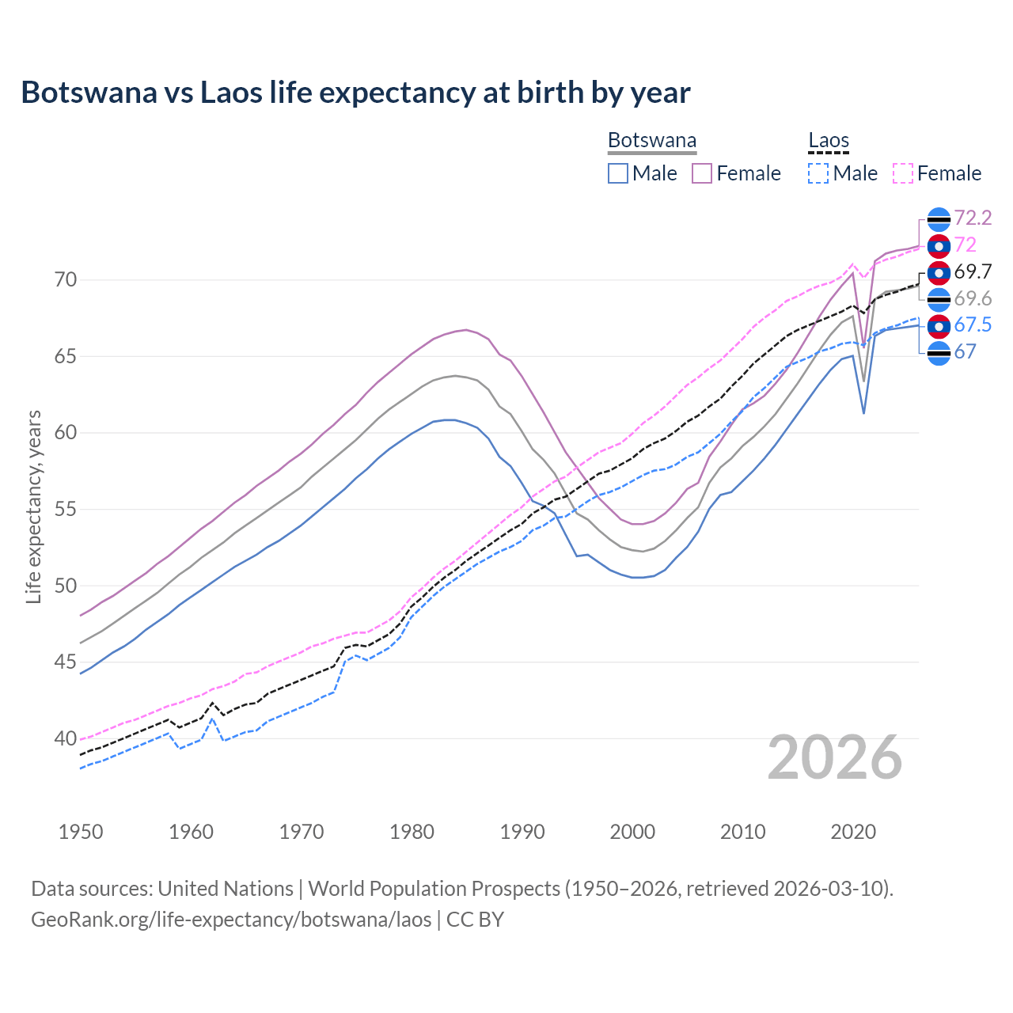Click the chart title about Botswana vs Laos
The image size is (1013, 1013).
pos(355,93)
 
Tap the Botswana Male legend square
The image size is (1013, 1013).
pos(618,173)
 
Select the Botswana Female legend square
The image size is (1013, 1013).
pos(702,173)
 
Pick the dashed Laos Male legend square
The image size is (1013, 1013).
pos(818,173)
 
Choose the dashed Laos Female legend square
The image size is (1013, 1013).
pos(903,173)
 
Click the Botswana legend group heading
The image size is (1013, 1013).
pos(652,141)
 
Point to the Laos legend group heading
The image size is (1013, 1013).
pos(829,141)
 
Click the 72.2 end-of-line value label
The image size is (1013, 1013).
pos(973,218)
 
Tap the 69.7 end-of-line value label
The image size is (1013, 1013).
pos(973,272)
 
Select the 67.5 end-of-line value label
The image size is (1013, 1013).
pos(973,325)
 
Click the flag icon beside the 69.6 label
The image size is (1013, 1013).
pos(939,299)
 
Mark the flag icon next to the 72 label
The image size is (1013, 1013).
pos(939,246)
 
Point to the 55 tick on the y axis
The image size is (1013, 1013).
pos(66,509)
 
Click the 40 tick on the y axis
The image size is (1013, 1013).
pos(66,738)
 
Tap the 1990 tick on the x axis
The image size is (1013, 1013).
pos(522,832)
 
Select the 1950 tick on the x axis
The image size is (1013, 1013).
pos(81,832)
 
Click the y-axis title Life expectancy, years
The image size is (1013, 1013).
pos(34,506)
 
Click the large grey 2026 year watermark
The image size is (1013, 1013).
pos(834,757)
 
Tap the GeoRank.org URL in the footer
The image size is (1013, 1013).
pos(231,920)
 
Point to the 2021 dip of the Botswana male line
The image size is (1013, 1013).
pos(863,412)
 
